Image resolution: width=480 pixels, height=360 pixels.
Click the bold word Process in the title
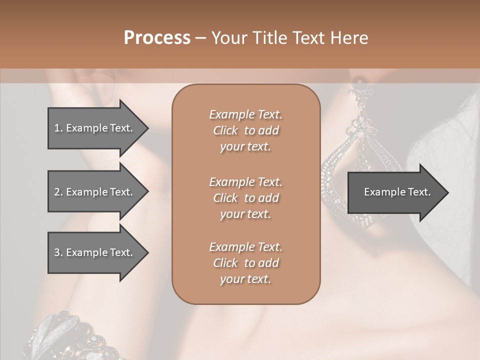(x=157, y=38)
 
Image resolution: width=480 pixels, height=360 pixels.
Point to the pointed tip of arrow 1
(x=147, y=128)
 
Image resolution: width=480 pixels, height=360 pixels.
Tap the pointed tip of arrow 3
(x=147, y=253)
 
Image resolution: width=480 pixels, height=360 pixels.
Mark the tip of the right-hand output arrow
(x=447, y=192)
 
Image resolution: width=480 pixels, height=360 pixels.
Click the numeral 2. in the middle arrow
(x=58, y=192)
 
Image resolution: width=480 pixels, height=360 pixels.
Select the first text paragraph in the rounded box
(x=245, y=130)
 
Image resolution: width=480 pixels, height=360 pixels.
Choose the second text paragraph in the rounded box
(x=245, y=198)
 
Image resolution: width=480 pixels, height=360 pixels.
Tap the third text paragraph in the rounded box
(x=245, y=263)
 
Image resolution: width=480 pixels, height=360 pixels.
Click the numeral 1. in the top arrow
(x=58, y=128)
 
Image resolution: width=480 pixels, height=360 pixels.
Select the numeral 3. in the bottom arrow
(x=58, y=253)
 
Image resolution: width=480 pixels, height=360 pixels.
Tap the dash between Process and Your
(x=200, y=38)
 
